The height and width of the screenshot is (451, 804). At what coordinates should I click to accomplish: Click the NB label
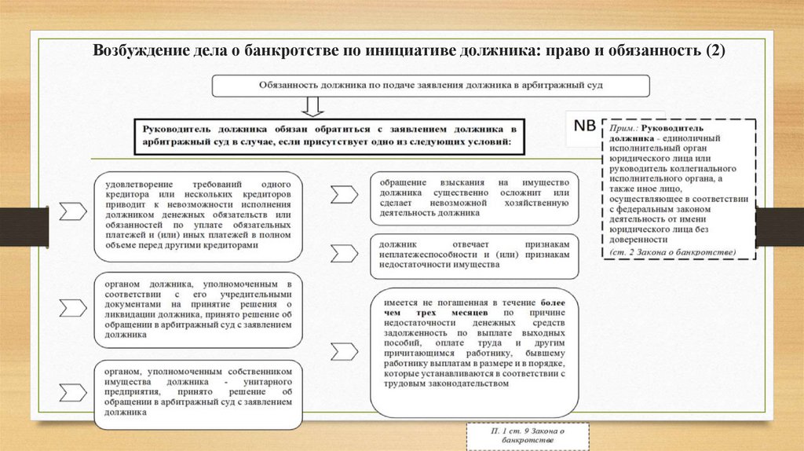pyautogui.click(x=584, y=126)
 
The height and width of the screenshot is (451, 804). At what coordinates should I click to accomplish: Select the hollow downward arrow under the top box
pyautogui.click(x=312, y=105)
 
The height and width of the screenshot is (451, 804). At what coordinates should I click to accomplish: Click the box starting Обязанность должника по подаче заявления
pyautogui.click(x=432, y=86)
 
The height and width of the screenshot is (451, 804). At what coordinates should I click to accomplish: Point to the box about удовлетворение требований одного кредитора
pyautogui.click(x=198, y=215)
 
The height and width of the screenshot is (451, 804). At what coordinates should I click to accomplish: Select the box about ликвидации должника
pyautogui.click(x=198, y=310)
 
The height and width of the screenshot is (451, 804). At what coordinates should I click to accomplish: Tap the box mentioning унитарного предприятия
pyautogui.click(x=198, y=394)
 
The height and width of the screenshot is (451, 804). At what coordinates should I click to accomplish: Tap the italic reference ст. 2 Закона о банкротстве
pyautogui.click(x=672, y=251)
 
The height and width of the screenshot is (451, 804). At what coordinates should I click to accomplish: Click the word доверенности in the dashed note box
pyautogui.click(x=637, y=240)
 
